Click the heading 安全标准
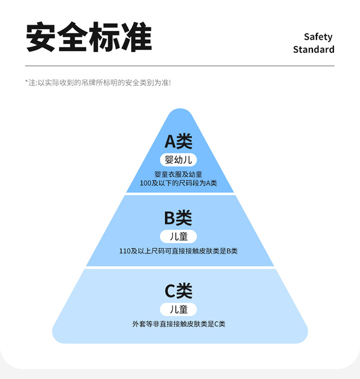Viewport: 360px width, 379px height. click(x=89, y=37)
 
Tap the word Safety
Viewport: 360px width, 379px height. click(x=318, y=37)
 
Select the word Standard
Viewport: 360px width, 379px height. click(x=313, y=49)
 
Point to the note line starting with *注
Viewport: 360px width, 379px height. click(x=98, y=83)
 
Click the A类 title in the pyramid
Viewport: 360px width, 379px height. click(x=179, y=141)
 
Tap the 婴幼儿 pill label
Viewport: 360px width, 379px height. click(x=179, y=160)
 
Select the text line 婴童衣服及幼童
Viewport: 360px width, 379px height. click(x=179, y=174)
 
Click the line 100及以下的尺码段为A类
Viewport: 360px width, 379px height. click(x=179, y=183)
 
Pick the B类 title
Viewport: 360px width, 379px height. click(x=178, y=218)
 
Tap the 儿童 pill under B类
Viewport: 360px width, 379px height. click(x=178, y=236)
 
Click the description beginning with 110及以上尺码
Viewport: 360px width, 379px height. click(x=178, y=251)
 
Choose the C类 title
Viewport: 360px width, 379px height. click(x=179, y=291)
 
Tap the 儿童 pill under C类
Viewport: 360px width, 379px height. click(x=179, y=309)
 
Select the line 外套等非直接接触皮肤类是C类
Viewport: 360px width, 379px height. click(x=179, y=324)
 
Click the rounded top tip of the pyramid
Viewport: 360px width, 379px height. click(x=180, y=113)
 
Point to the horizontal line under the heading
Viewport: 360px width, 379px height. click(x=180, y=66)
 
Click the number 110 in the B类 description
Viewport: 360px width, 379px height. click(x=125, y=251)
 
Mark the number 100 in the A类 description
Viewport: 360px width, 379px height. click(x=145, y=183)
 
